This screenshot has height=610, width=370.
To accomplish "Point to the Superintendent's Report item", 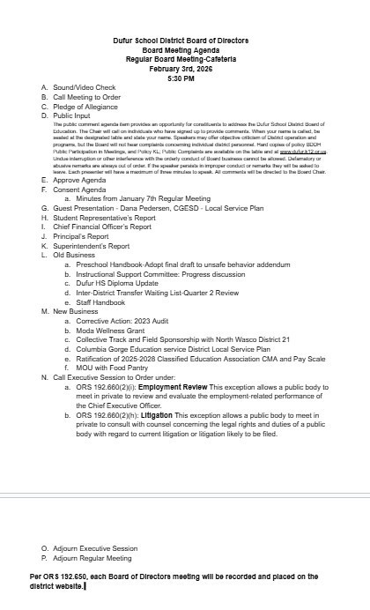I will pos(92,246).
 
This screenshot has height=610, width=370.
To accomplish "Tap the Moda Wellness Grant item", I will pos(115,331).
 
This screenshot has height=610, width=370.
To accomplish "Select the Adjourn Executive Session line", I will pos(96,548).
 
